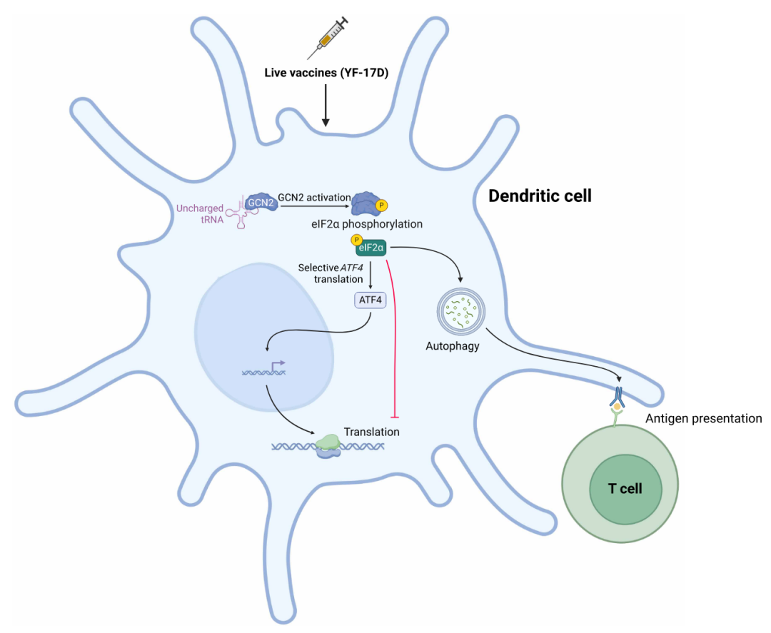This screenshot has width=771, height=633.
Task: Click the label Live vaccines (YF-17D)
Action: coord(326,72)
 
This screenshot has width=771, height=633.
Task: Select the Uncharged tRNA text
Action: coord(200,213)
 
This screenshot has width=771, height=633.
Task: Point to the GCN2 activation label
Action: coord(314,197)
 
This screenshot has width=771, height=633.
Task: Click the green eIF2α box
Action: coord(372,248)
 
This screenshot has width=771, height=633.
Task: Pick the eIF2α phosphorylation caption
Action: coord(372,224)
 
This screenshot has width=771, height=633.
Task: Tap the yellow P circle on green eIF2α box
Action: coord(357,240)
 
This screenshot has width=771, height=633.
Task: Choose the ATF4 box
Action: coord(370,300)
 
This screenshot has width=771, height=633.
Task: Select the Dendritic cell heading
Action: coord(540,196)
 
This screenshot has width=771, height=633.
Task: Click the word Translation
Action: coord(371,432)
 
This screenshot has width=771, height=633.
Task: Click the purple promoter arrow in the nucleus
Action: coord(277,365)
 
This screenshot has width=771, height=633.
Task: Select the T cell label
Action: coord(625,489)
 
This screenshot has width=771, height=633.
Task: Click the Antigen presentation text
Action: coord(703,418)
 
